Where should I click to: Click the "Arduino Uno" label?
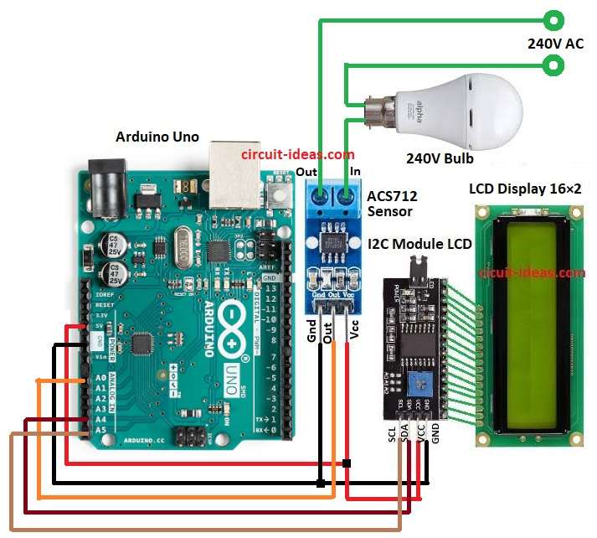point(157,136)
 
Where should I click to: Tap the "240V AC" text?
point(555,43)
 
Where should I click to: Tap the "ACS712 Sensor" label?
point(392,204)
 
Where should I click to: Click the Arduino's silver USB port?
point(234,174)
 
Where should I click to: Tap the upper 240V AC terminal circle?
point(553,18)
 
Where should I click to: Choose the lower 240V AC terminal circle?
point(553,64)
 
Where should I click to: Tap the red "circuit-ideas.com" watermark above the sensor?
point(297,155)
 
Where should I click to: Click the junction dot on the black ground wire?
point(321,483)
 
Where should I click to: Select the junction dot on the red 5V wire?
point(347,463)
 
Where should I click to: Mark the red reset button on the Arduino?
point(277,196)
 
